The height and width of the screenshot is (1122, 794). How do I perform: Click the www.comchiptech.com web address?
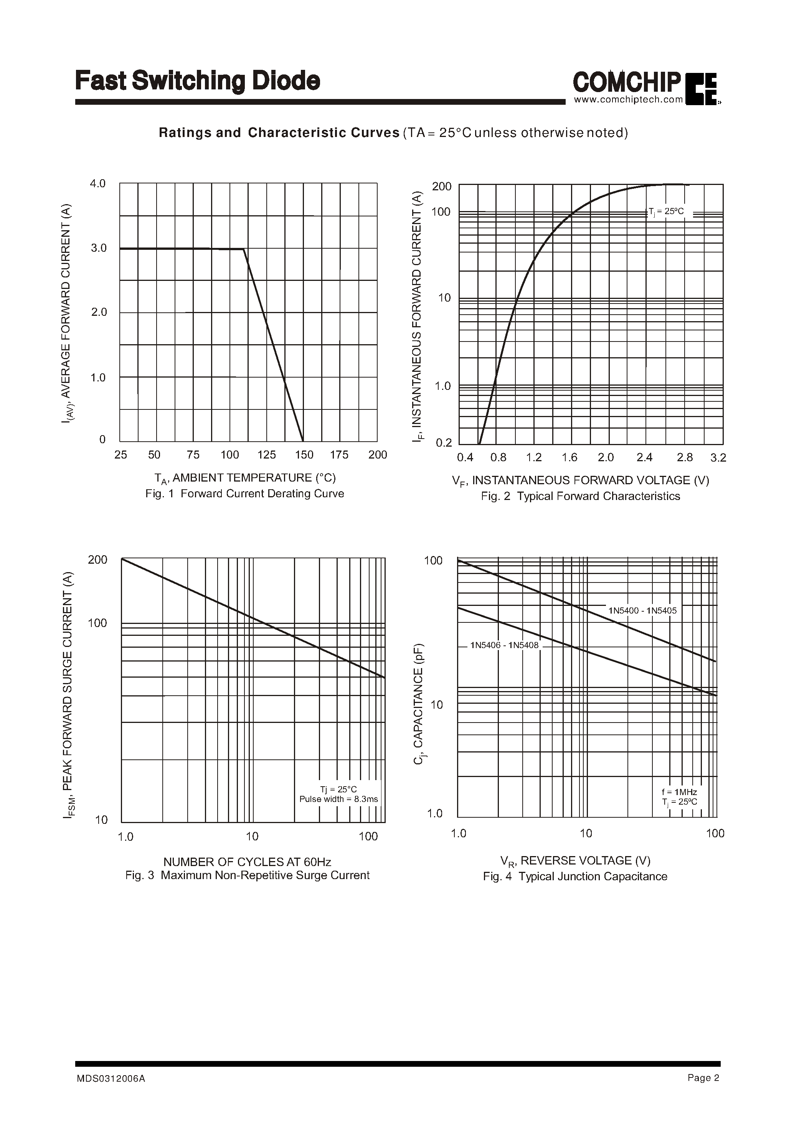click(628, 100)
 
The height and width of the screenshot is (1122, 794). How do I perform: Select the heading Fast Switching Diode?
click(198, 81)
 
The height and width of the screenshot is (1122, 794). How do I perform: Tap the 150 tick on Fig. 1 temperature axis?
click(304, 455)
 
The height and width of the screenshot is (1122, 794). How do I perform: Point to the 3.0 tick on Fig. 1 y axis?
click(99, 248)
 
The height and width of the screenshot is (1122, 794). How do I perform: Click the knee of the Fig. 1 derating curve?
click(244, 249)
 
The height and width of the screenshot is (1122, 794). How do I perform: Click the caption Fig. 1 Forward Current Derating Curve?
click(244, 494)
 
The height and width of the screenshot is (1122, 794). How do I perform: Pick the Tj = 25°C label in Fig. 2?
click(666, 212)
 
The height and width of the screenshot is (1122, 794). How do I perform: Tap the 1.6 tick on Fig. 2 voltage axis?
click(570, 458)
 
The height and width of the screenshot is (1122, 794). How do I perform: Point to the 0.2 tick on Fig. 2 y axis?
click(444, 443)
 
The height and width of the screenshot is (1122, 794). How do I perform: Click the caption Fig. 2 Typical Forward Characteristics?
click(580, 496)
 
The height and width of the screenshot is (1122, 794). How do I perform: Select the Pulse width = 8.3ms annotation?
click(339, 799)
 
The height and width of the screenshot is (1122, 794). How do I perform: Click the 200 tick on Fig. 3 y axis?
click(97, 560)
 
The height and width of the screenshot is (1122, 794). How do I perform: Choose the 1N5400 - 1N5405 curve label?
click(642, 610)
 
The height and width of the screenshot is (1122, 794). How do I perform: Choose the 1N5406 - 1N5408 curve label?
click(504, 645)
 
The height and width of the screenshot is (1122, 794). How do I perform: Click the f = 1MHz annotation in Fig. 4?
click(679, 792)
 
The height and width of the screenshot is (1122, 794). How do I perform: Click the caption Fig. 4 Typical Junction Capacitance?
click(575, 876)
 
